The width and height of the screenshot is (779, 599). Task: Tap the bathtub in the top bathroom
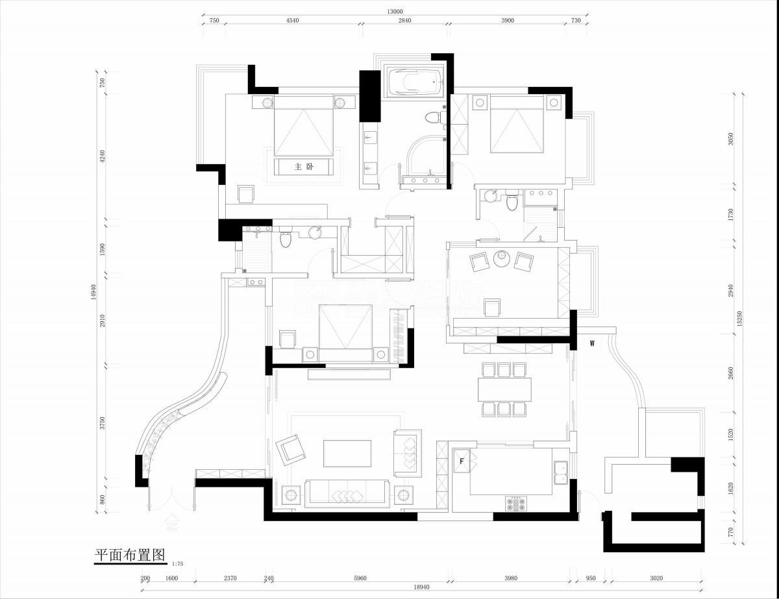414,82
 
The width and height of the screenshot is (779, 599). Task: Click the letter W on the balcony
592,343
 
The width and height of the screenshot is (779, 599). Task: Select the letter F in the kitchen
462,461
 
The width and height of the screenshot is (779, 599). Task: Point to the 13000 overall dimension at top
394,11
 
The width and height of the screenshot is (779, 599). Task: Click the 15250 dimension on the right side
739,317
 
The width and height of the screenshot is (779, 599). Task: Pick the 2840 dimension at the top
404,21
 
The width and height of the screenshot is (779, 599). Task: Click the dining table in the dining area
504,389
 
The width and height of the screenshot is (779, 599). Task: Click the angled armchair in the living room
289,448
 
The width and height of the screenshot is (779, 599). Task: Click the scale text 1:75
178,564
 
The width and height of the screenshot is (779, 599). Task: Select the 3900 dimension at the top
508,21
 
